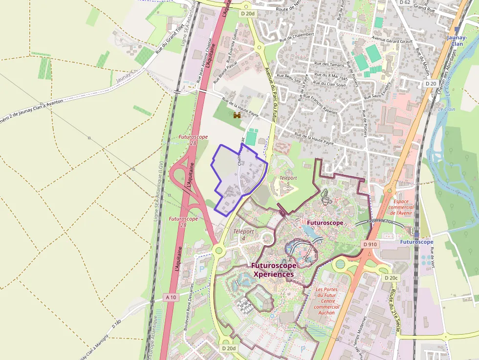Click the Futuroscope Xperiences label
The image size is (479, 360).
pyautogui.click(x=273, y=270)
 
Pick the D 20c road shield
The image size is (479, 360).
pyautogui.click(x=391, y=278)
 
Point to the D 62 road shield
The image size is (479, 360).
pyautogui.click(x=405, y=2)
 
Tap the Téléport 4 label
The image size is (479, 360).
pyautogui.click(x=243, y=234)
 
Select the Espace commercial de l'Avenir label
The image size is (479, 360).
pyautogui.click(x=401, y=207)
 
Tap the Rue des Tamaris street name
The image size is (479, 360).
pyautogui.click(x=331, y=64)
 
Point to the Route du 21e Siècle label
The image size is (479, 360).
pyautogui.click(x=395, y=311)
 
